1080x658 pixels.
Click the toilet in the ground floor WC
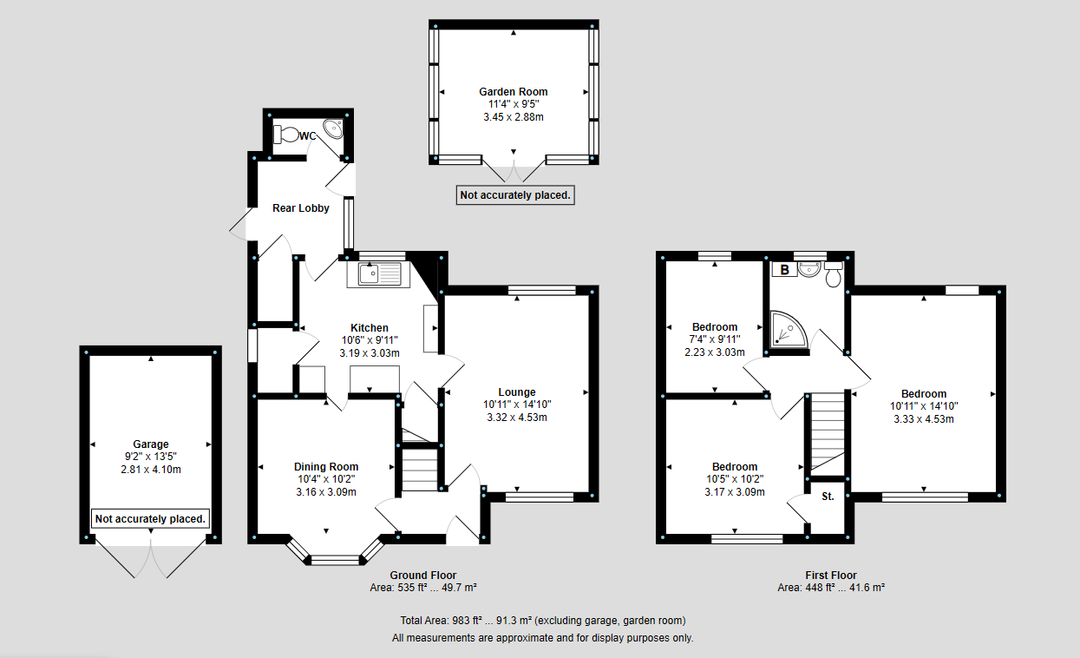tap(286, 134)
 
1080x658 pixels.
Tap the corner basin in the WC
tap(333, 128)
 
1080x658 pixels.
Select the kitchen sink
tap(379, 274)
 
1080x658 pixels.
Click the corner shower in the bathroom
tap(789, 330)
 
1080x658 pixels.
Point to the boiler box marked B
tap(784, 269)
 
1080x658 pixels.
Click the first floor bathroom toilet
tap(834, 274)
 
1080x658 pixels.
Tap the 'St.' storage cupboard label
tap(828, 497)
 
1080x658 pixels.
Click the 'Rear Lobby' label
tap(301, 208)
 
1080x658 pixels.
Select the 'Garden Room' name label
tap(513, 92)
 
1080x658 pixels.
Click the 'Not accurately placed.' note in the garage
tap(150, 518)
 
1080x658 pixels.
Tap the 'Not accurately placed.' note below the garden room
tap(515, 195)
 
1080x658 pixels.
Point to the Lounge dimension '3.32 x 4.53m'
tap(517, 418)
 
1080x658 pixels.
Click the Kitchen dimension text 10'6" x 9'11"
tap(370, 340)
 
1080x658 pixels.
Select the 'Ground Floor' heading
tap(422, 575)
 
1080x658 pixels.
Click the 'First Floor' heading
tap(831, 575)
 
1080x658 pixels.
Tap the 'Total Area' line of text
tap(543, 621)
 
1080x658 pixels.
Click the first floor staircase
tap(828, 431)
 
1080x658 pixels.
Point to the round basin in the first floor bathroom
tap(809, 269)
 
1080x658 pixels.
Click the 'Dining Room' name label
tap(326, 466)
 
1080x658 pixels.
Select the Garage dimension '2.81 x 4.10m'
tap(151, 470)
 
